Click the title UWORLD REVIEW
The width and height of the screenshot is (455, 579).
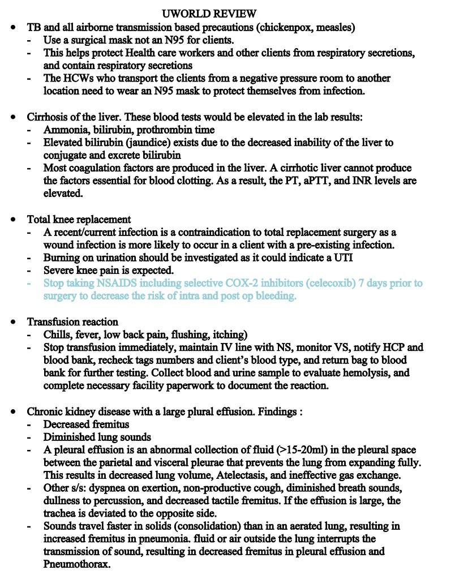coord(209,13)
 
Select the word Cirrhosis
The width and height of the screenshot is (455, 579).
coord(48,117)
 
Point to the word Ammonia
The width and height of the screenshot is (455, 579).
coord(63,130)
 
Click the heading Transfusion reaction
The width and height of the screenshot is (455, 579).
coord(72,321)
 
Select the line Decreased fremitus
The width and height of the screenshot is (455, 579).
coord(86,424)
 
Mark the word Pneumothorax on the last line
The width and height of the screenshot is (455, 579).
coord(76,564)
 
